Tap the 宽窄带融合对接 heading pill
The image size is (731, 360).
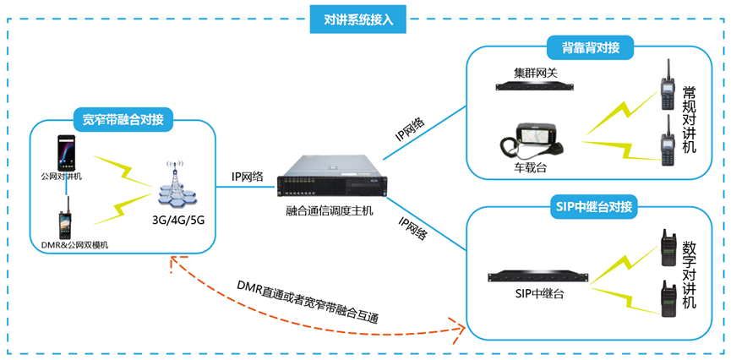pos(123,118)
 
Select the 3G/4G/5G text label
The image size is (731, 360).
pos(178,221)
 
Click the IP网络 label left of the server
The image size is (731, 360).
pos(247,177)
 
